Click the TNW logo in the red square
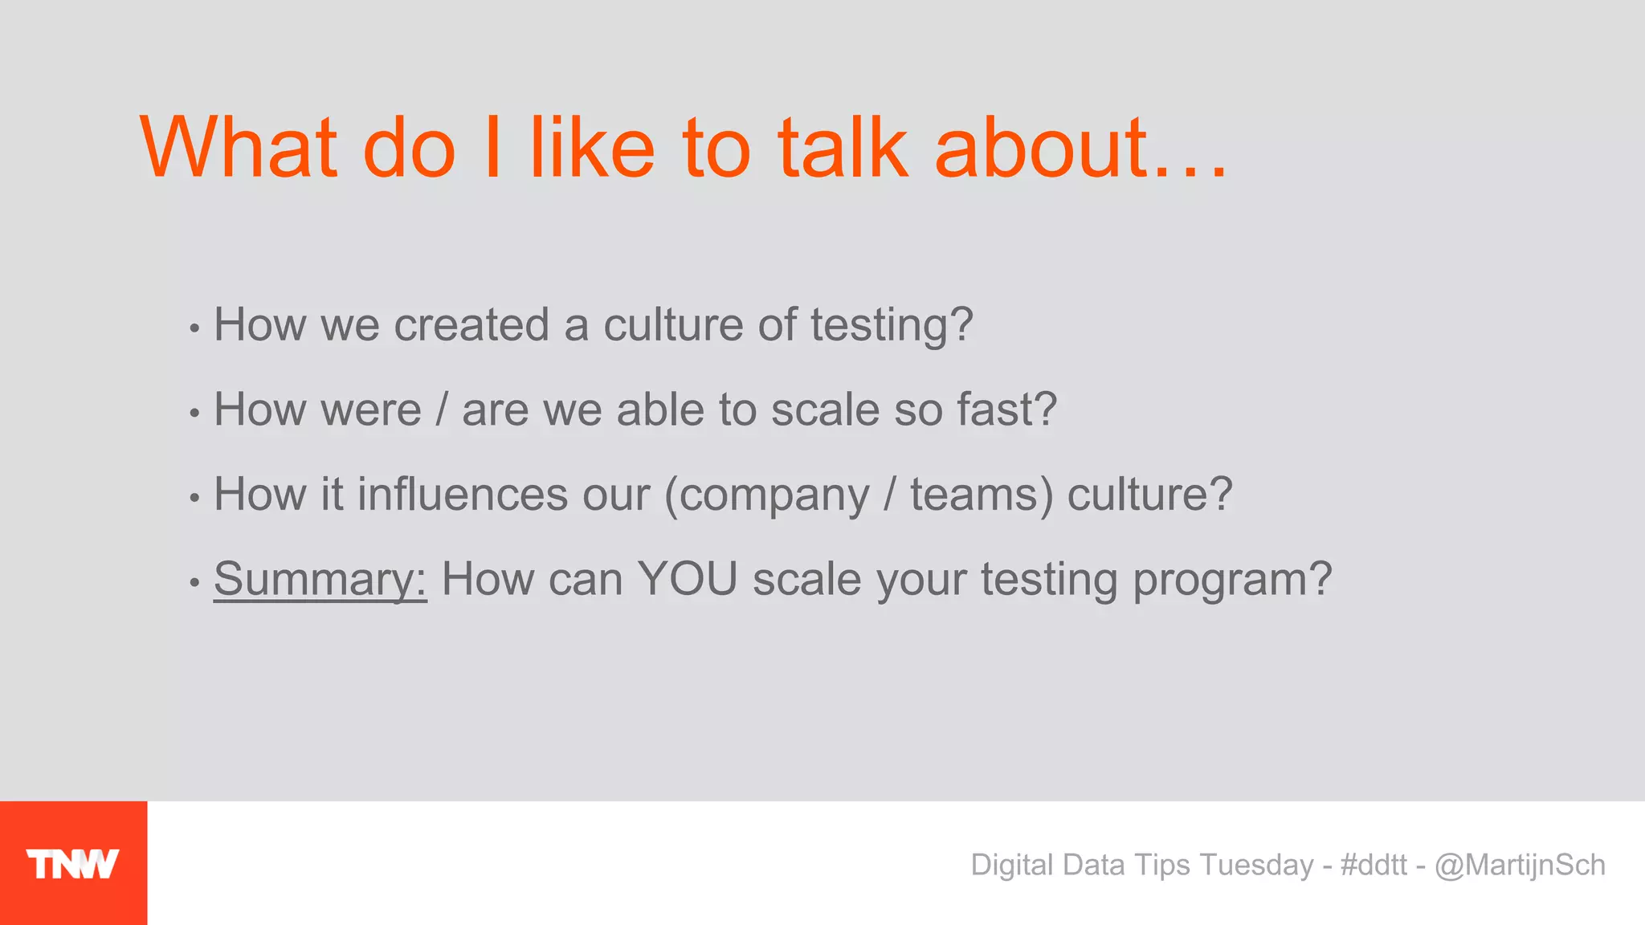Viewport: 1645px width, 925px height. [72, 864]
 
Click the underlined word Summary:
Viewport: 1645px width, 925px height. [320, 579]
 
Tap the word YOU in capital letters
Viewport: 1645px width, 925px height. [688, 579]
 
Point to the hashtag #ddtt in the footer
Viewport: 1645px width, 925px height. [1374, 865]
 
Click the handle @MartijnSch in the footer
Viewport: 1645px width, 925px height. [1520, 865]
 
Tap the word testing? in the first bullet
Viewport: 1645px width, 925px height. [892, 325]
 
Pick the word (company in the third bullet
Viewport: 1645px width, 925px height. [767, 495]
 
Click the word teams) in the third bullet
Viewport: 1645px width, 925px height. [981, 495]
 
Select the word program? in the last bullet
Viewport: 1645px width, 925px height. [1232, 579]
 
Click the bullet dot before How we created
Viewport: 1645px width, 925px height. [194, 328]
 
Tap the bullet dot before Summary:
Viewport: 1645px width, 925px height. [194, 582]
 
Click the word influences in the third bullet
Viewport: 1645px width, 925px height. [463, 495]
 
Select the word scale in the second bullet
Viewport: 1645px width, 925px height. [825, 410]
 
